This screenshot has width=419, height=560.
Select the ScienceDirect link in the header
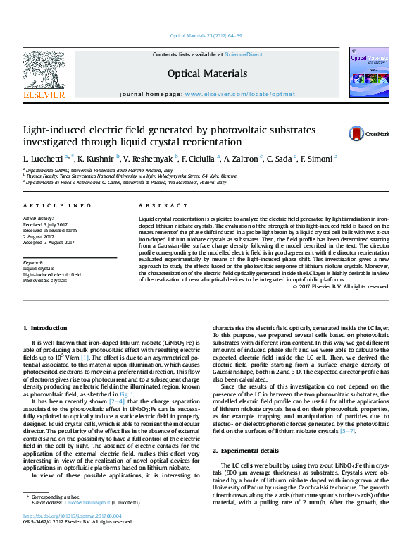pyautogui.click(x=244, y=54)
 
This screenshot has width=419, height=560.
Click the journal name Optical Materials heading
pyautogui.click(x=207, y=73)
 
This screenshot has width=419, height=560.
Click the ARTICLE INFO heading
pyautogui.click(x=58, y=205)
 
